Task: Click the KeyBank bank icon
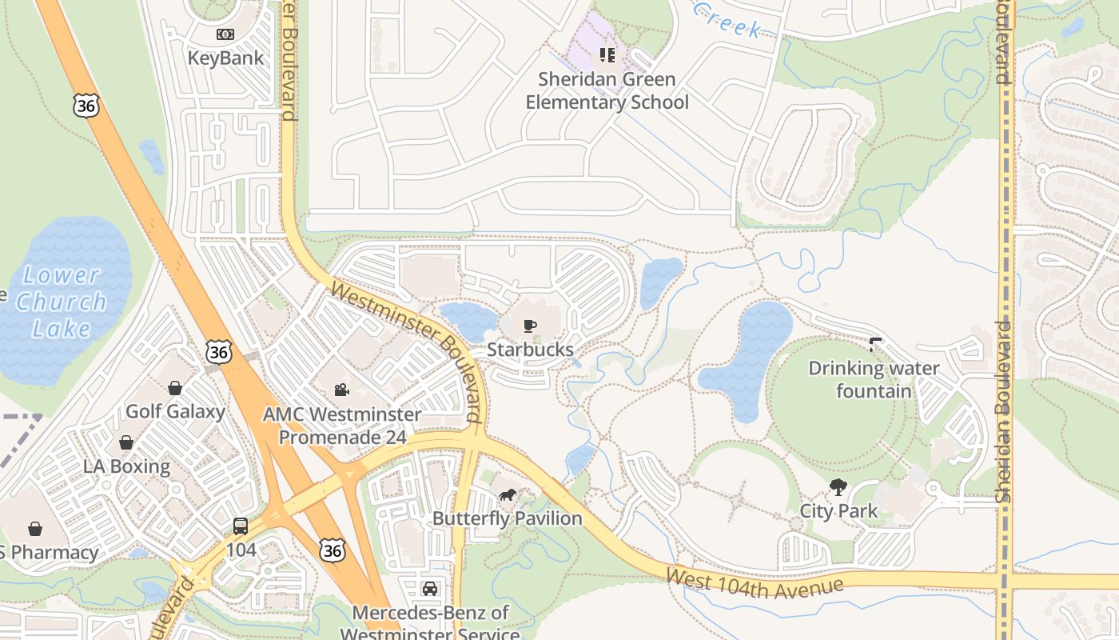pos(225,34)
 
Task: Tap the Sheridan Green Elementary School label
pos(607,90)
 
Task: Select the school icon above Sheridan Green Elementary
pos(607,54)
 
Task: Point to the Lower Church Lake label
pos(61,302)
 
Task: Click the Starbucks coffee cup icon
pos(529,326)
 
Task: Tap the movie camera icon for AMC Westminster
pos(341,390)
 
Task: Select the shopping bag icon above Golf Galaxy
pos(175,388)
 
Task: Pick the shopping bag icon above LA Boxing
pos(126,442)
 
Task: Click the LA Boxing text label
pos(126,466)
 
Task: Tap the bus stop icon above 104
pos(240,526)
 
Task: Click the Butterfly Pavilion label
pos(507,518)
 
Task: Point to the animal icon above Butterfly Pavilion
pos(507,494)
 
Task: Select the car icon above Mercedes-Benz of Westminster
pos(430,589)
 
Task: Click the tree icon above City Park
pos(838,487)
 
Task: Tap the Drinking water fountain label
pos(874,379)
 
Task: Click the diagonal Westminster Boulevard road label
pos(407,351)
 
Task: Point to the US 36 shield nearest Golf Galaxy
pos(218,351)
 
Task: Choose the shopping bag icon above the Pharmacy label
pos(35,529)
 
